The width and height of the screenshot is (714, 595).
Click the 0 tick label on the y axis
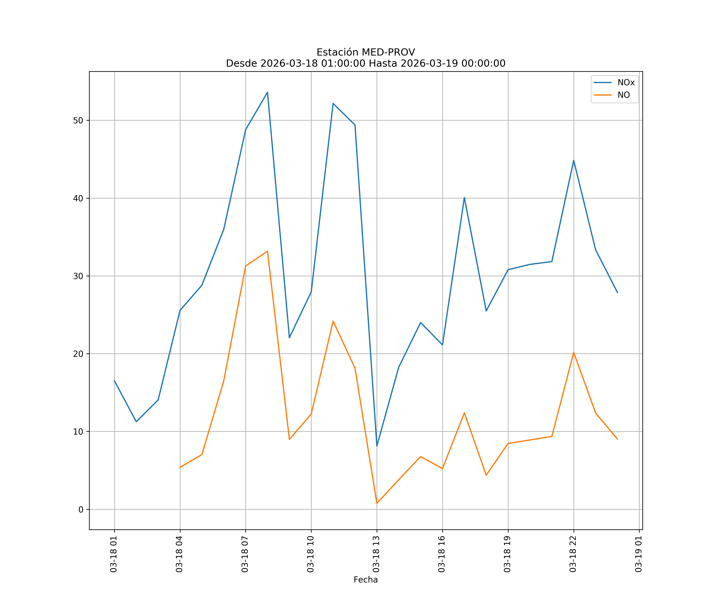coord(81,509)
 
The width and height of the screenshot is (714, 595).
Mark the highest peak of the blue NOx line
coord(268,92)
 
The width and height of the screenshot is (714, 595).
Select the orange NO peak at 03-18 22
coord(574,353)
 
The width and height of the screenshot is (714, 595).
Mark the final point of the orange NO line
coord(617,439)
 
